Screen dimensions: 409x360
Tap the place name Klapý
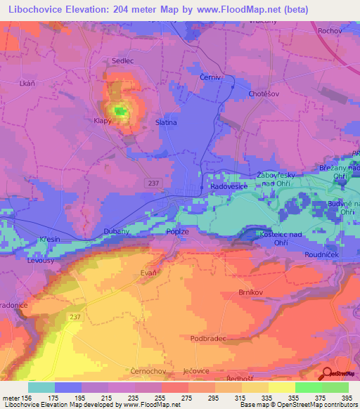[x=103, y=121]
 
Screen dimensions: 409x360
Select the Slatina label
[x=166, y=122]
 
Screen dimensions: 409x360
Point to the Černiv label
[x=210, y=77]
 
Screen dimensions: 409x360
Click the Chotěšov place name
[x=264, y=92]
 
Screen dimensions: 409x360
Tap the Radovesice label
[x=228, y=187]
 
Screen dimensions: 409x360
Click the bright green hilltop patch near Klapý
[x=120, y=110]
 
